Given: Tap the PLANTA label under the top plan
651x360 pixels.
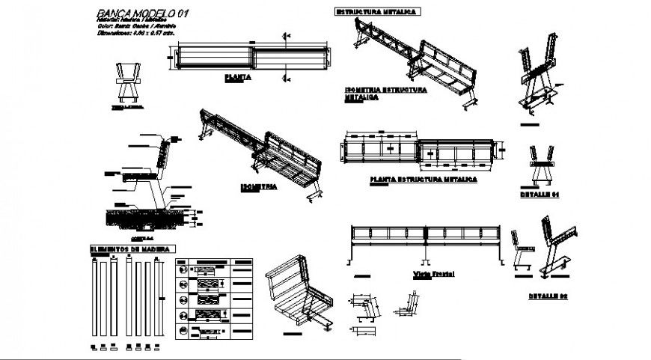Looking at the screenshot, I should [x=238, y=76].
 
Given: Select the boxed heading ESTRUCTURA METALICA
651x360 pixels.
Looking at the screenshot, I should [x=376, y=12].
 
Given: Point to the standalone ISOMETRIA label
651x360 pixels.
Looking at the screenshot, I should [x=259, y=185].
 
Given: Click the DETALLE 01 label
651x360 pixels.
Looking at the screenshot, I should [x=540, y=194].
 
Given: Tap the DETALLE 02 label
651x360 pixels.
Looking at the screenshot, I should [x=549, y=296].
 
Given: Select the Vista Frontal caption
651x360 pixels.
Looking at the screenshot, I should [x=433, y=274].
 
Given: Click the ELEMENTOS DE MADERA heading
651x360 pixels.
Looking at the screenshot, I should [x=132, y=248].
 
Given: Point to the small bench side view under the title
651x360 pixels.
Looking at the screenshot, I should [x=129, y=82].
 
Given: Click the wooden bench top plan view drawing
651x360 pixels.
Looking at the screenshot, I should [x=254, y=57].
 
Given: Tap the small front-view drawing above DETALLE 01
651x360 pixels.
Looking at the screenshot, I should [x=540, y=165].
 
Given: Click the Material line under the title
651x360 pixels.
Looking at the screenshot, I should [x=131, y=20].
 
